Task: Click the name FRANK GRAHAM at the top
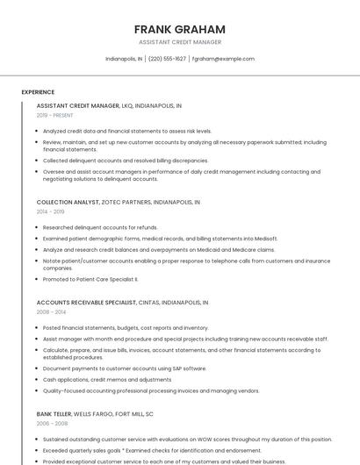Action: pos(179,29)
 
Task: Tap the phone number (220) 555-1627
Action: pos(167,59)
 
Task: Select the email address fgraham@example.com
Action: pos(223,59)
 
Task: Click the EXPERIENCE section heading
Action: pos(38,92)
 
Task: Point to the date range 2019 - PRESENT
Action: pos(54,115)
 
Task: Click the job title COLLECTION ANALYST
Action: pos(68,202)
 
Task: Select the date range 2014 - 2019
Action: pos(50,211)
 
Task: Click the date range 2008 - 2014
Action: pos(51,311)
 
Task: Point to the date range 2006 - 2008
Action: pos(51,423)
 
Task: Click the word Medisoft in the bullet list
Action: pos(265,238)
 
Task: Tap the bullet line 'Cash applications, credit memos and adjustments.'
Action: pos(107,380)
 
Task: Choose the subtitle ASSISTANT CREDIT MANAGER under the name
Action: pos(179,42)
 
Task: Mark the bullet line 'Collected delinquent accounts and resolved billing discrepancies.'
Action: pos(126,161)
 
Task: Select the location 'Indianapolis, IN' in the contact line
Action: pos(123,59)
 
